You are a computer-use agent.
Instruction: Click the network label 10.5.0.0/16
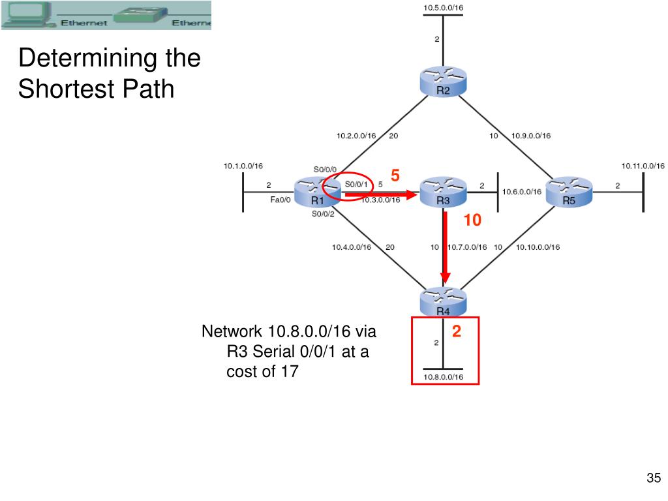[x=443, y=8]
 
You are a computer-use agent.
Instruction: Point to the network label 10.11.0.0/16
[x=643, y=166]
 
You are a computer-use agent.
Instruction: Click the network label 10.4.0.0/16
[x=352, y=247]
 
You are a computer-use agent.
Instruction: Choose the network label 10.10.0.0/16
[x=538, y=247]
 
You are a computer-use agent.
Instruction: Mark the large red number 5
[x=395, y=175]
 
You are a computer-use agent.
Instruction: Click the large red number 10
[x=472, y=221]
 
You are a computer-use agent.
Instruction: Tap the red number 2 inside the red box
[x=457, y=332]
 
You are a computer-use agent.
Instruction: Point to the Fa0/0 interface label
[x=281, y=200]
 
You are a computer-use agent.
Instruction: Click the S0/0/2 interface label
[x=323, y=213]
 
